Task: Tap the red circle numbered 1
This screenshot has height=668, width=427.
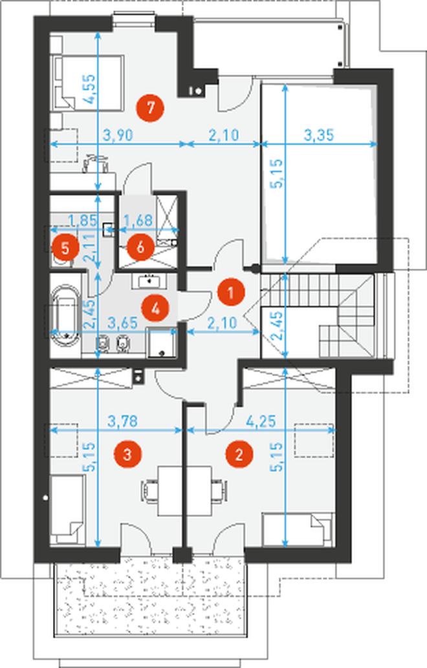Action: pos(230,293)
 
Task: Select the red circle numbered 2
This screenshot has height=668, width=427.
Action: pos(239,454)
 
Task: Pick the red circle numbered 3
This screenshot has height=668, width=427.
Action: pos(127,454)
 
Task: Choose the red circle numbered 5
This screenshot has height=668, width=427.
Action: pos(65,247)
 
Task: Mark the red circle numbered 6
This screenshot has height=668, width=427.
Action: pos(140,247)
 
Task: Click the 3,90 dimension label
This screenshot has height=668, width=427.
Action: pos(118,136)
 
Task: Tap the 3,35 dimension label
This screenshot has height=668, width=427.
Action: pos(319,136)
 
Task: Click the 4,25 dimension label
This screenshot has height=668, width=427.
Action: pos(261,421)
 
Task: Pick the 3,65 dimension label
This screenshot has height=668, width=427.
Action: pos(123,323)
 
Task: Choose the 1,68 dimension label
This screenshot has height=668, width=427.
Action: pos(137,220)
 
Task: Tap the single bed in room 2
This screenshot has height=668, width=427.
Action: pos(298,529)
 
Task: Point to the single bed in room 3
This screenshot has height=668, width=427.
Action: pos(67,510)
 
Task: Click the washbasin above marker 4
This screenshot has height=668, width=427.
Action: pos(149,280)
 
